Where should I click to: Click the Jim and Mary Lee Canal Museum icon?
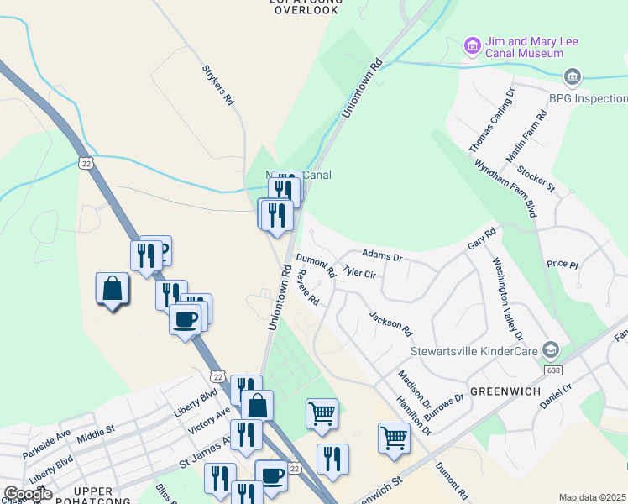(472, 44)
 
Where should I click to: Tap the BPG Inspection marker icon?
(573, 77)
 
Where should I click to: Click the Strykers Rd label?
(217, 86)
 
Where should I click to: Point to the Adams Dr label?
(382, 254)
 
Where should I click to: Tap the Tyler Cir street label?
(359, 274)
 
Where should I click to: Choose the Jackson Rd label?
(391, 322)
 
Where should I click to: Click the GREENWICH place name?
(505, 391)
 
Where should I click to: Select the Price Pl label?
(563, 264)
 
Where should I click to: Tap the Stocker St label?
(536, 179)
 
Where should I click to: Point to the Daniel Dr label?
(556, 396)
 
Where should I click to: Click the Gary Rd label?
(482, 239)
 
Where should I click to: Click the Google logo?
(28, 494)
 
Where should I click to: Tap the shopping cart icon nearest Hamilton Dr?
(394, 438)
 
